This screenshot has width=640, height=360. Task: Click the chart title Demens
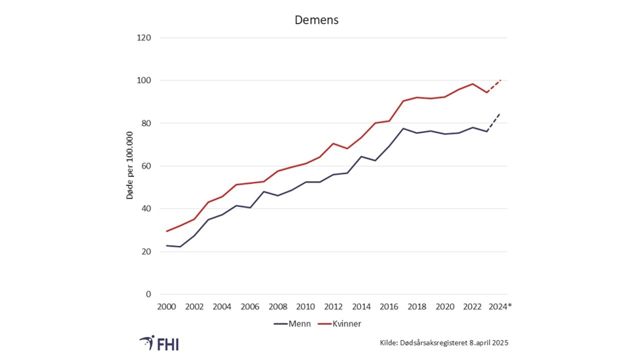(x=316, y=20)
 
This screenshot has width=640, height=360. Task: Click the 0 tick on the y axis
(x=148, y=294)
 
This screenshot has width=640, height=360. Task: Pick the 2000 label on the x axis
(x=166, y=307)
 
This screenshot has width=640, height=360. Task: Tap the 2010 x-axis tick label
(x=305, y=307)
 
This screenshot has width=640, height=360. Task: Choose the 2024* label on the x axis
(x=500, y=307)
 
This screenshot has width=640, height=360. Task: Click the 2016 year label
(x=388, y=307)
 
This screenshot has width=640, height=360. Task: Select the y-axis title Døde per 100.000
(x=131, y=165)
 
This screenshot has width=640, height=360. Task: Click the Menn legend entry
(x=292, y=324)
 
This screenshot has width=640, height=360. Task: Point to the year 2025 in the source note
(x=499, y=343)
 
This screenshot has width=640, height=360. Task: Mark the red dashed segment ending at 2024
(x=494, y=86)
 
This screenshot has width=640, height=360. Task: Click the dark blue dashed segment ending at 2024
(x=494, y=123)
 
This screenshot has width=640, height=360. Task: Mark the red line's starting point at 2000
(x=166, y=231)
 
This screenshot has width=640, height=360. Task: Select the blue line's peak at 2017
(x=402, y=129)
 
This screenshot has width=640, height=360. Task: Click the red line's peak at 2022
(x=472, y=84)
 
